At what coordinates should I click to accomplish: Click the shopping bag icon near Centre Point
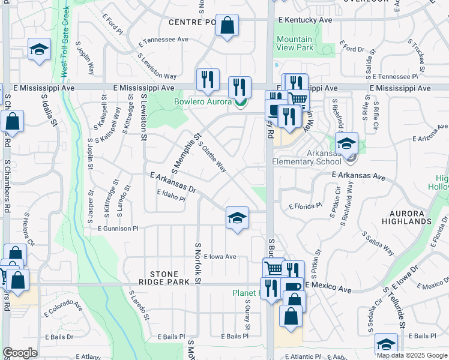click(x=228, y=26)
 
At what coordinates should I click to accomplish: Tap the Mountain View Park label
click(x=295, y=43)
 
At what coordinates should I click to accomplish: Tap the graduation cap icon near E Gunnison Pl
click(x=237, y=218)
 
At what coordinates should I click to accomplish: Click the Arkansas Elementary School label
click(x=307, y=157)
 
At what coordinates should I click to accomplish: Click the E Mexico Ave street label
click(x=328, y=289)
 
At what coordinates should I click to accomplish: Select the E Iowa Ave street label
click(x=220, y=256)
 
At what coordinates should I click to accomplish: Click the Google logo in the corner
click(x=20, y=353)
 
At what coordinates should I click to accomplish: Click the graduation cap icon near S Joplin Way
click(x=39, y=50)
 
